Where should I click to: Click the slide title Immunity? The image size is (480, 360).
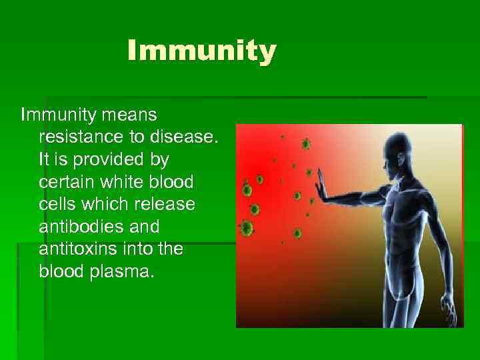201,51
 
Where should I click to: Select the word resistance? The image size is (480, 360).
79,137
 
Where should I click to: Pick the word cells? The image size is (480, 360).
58,204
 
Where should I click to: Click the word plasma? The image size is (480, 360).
126,271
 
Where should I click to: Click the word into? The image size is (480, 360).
143,249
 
